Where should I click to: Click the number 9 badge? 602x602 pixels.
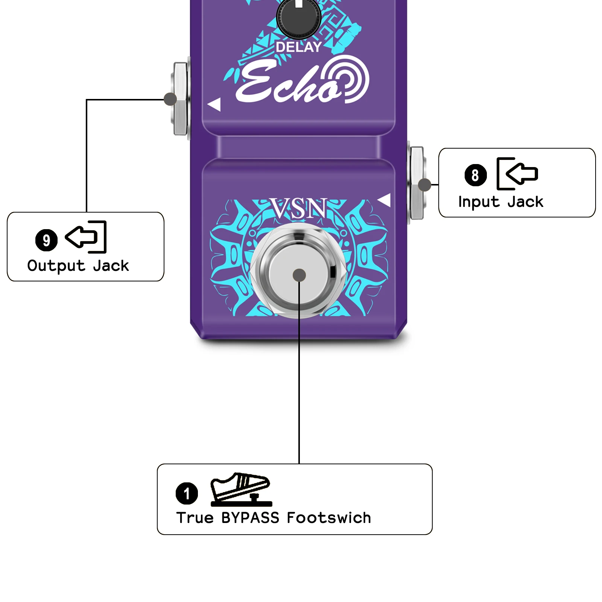pyautogui.click(x=46, y=240)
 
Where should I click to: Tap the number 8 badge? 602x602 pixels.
pyautogui.click(x=476, y=175)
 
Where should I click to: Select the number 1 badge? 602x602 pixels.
pyautogui.click(x=187, y=493)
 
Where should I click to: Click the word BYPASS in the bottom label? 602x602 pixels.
pyautogui.click(x=250, y=518)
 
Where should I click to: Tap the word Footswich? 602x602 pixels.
pyautogui.click(x=329, y=518)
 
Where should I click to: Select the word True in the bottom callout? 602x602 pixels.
pyautogui.click(x=195, y=518)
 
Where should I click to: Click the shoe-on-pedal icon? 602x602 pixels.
pyautogui.click(x=241, y=489)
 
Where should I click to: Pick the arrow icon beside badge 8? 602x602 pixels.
pyautogui.click(x=517, y=173)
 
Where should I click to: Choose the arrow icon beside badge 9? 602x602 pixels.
pyautogui.click(x=86, y=237)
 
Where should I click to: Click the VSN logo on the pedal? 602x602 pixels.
pyautogui.click(x=299, y=209)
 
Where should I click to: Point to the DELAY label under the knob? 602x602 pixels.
pyautogui.click(x=298, y=47)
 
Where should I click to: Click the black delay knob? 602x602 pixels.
pyautogui.click(x=299, y=17)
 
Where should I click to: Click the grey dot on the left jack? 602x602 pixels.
pyautogui.click(x=170, y=99)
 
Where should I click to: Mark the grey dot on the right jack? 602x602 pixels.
pyautogui.click(x=425, y=185)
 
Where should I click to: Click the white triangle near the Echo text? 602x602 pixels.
pyautogui.click(x=214, y=105)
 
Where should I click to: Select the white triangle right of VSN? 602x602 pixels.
pyautogui.click(x=385, y=200)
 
